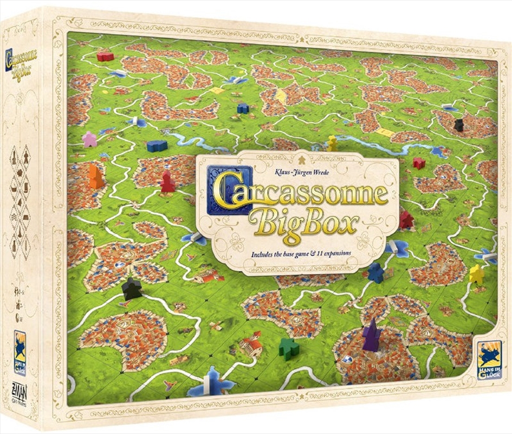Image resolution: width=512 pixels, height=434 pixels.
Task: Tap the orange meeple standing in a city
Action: click(95, 177)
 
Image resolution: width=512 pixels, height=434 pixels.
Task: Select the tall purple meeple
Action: click(371, 335)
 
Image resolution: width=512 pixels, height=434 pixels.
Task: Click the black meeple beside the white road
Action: click(131, 289)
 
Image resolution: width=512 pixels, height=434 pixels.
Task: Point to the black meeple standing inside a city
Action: click(459, 125)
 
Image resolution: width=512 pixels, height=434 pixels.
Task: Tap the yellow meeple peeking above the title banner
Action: click(332, 143)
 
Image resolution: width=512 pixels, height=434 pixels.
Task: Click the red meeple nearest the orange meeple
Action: click(167, 182)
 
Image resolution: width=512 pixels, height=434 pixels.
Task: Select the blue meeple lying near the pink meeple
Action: click(157, 145)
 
